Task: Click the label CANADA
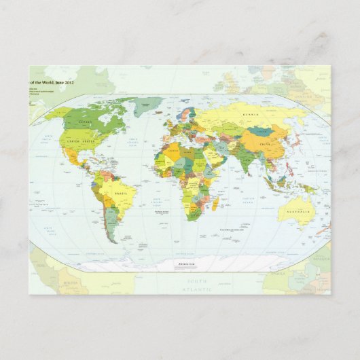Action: (x=86, y=123)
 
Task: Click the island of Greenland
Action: (x=147, y=105)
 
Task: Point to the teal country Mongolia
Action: (x=260, y=130)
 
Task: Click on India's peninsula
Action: (x=241, y=166)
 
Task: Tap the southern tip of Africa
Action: (x=193, y=219)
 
